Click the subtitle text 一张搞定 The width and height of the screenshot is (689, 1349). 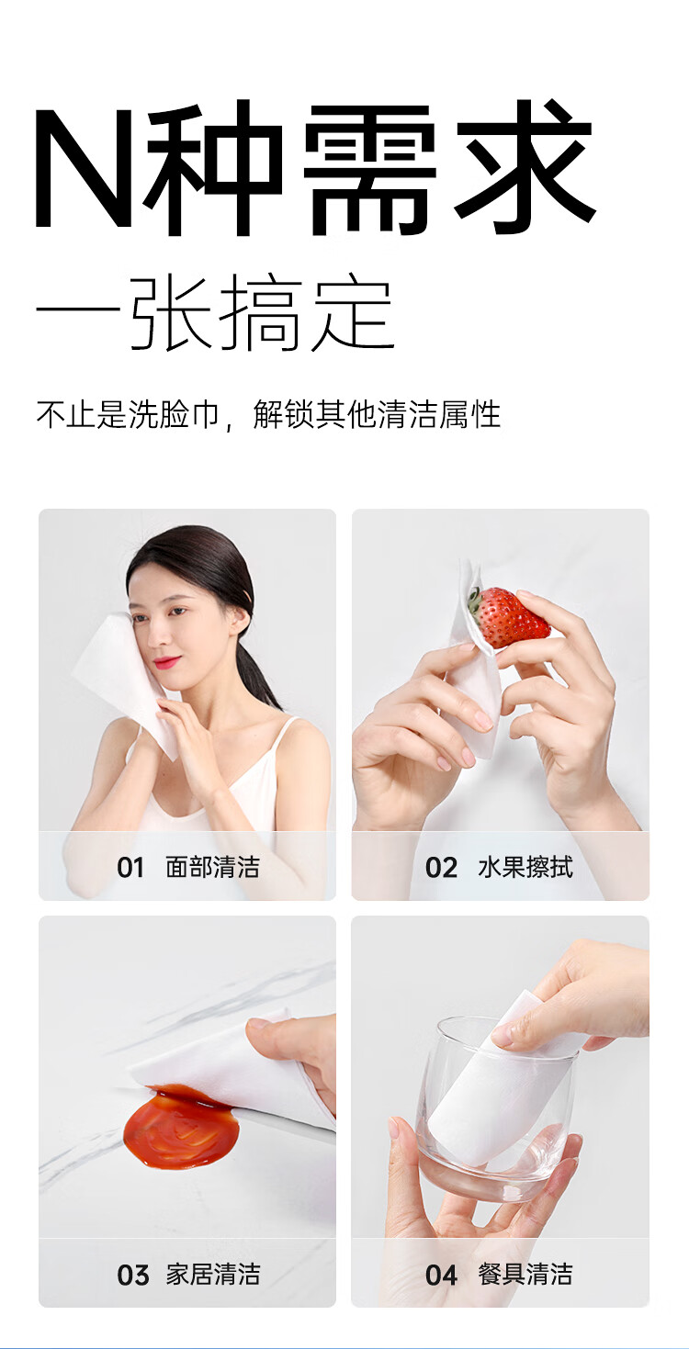coord(215,312)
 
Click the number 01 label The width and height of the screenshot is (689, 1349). coord(130,867)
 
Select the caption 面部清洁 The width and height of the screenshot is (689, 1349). coord(212,867)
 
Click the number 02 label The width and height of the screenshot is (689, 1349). coord(441,868)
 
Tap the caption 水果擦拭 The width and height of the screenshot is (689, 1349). coord(525,868)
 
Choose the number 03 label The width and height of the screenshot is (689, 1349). coord(132,1275)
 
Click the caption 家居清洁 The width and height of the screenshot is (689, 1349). coord(212,1275)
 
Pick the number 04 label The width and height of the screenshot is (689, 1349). coord(441,1275)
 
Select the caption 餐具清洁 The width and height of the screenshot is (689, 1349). coord(525,1275)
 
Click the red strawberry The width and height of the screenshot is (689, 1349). coord(512,617)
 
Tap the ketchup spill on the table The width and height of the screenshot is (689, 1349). coord(182,1129)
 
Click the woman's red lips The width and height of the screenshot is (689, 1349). coord(167,662)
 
